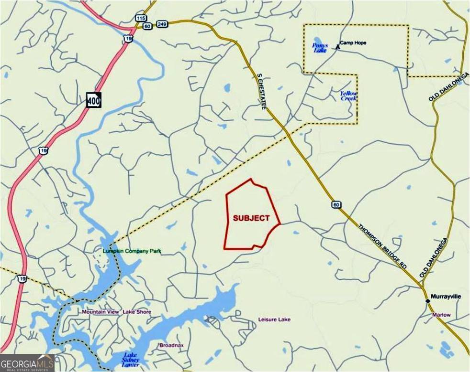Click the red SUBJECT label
click(x=250, y=218)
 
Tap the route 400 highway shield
click(x=93, y=99)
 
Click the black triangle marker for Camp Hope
click(x=338, y=46)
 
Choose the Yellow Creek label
click(x=348, y=96)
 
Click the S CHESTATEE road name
click(x=261, y=92)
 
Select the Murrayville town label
click(x=446, y=297)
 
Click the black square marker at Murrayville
click(x=427, y=300)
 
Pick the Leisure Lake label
click(x=274, y=319)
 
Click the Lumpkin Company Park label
click(x=132, y=251)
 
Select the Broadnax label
click(x=171, y=345)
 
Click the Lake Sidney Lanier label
click(x=131, y=359)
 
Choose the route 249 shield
click(x=161, y=23)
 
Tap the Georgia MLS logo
click(x=27, y=363)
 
